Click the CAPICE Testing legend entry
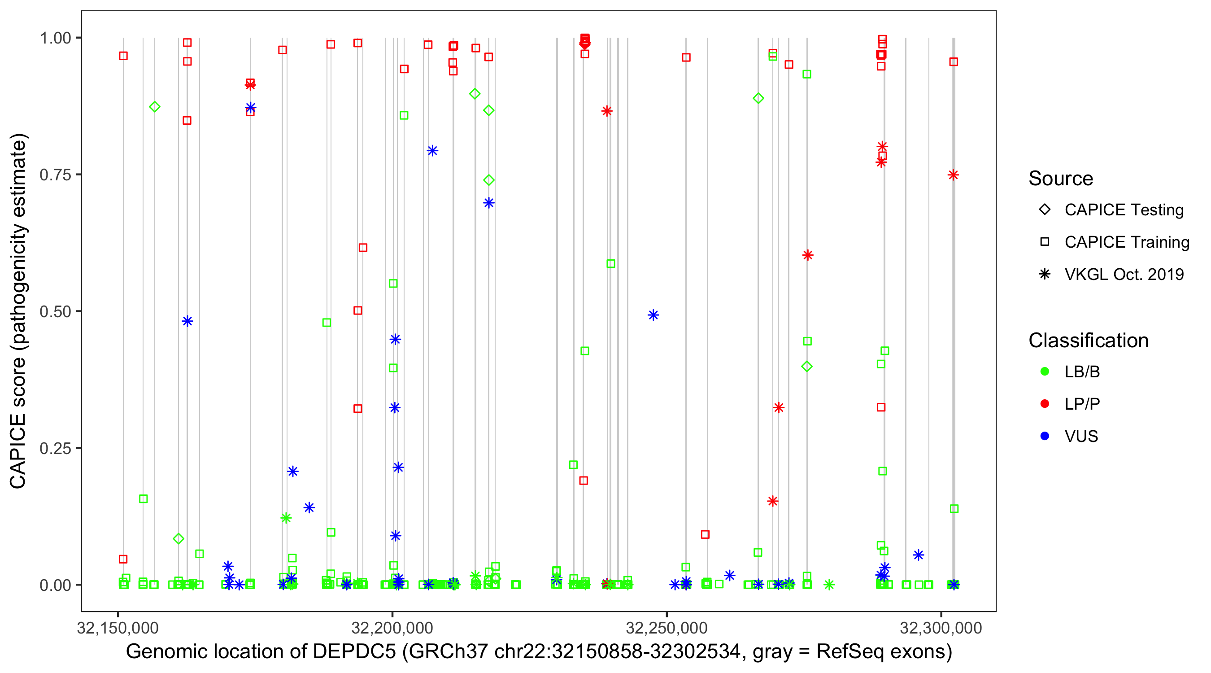[1123, 210]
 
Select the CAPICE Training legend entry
[1126, 242]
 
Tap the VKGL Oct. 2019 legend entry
[1124, 274]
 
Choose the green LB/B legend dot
[1045, 371]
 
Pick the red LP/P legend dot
[1045, 404]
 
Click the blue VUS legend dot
[1045, 436]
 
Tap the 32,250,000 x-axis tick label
[666, 628]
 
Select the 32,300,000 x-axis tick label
[941, 628]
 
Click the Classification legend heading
[1088, 341]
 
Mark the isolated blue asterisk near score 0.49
[653, 315]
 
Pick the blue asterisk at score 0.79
[432, 150]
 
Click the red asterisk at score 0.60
[808, 255]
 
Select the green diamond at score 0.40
[807, 367]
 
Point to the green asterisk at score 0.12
[286, 518]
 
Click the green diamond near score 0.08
[178, 539]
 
